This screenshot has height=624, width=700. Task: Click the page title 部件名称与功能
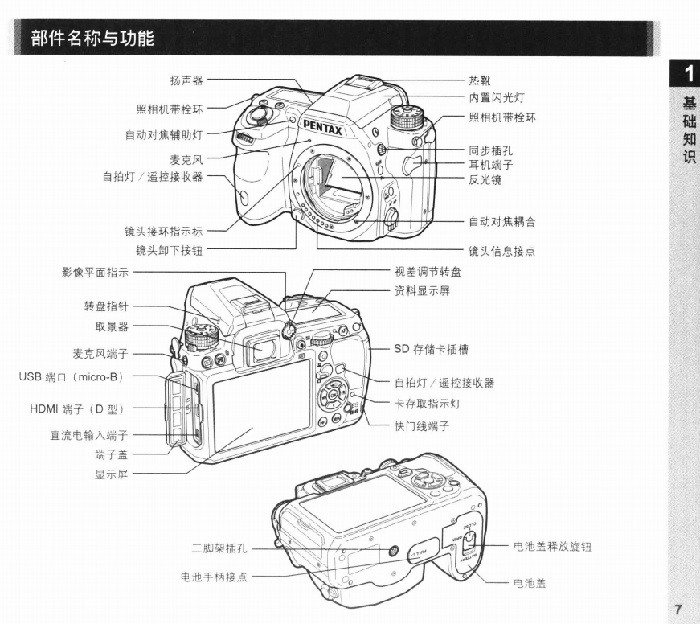click(x=93, y=38)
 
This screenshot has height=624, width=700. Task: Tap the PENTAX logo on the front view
click(x=323, y=128)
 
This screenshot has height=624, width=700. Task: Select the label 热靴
click(x=480, y=80)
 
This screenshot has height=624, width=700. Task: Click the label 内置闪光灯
click(x=497, y=98)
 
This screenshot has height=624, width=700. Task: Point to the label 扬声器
click(x=186, y=80)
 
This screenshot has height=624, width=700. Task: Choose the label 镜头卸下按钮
click(x=170, y=251)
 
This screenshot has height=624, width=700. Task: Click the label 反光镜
click(x=485, y=180)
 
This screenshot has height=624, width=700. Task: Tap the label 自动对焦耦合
click(x=501, y=222)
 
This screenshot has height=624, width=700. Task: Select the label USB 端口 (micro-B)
click(x=72, y=377)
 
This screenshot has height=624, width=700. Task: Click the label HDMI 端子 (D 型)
click(x=77, y=408)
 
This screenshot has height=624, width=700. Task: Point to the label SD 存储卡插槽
click(x=432, y=349)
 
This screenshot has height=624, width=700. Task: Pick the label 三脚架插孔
click(x=219, y=548)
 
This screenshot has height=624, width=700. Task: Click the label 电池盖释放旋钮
click(x=552, y=547)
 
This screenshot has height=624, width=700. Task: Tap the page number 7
click(x=678, y=610)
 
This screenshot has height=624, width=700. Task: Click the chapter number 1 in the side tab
click(x=690, y=74)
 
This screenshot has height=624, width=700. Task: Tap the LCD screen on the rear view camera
click(x=262, y=405)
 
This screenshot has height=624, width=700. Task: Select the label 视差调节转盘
click(x=428, y=272)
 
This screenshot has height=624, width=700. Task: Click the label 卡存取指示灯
click(x=428, y=404)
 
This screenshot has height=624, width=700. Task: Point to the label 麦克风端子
click(x=100, y=354)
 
